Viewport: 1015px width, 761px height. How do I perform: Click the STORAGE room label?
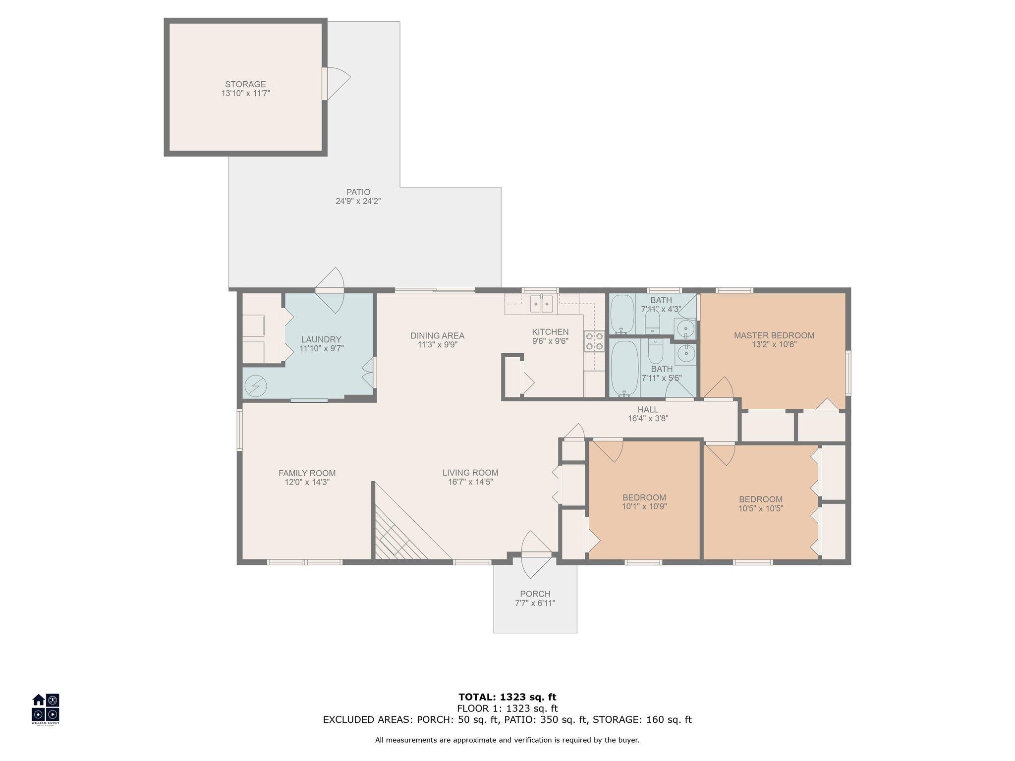pyautogui.click(x=245, y=84)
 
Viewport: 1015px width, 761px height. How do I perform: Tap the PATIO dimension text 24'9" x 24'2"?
pyautogui.click(x=358, y=201)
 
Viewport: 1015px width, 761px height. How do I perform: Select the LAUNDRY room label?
pyautogui.click(x=321, y=339)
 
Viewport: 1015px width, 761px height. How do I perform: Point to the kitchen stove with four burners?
pyautogui.click(x=594, y=340)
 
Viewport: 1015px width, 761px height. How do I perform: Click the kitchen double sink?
pyautogui.click(x=541, y=304)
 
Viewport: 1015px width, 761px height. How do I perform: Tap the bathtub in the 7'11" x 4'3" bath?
pyautogui.click(x=622, y=314)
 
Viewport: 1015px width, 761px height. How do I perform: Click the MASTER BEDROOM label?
pyautogui.click(x=774, y=335)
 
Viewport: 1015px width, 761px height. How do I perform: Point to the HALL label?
pyautogui.click(x=648, y=409)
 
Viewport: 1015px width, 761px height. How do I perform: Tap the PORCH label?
pyautogui.click(x=535, y=594)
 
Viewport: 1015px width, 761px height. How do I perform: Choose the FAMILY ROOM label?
pyautogui.click(x=307, y=473)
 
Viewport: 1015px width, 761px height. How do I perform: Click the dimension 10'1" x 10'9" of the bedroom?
pyautogui.click(x=644, y=506)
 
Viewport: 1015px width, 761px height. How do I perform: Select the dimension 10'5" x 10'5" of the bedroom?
pyautogui.click(x=761, y=508)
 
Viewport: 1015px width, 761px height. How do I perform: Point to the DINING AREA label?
pyautogui.click(x=437, y=335)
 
